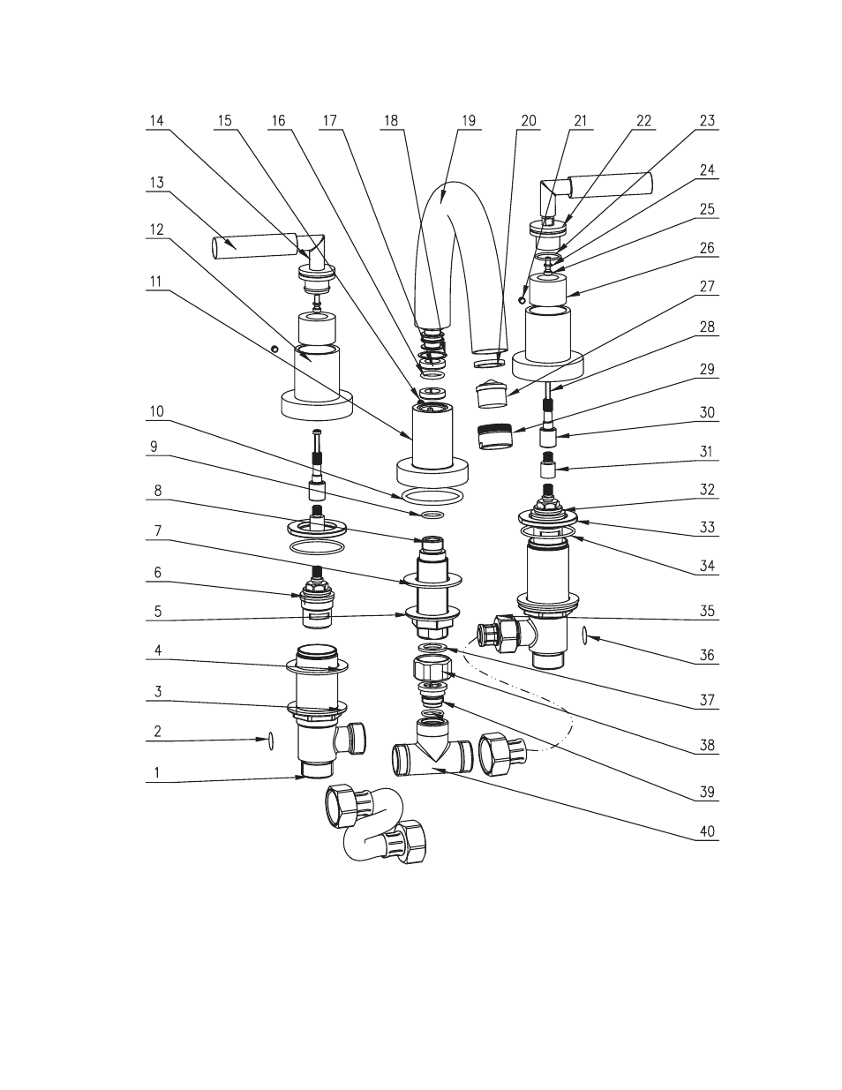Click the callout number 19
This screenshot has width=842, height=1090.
[469, 121]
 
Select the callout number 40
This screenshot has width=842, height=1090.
[707, 831]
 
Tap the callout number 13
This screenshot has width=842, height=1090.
[157, 183]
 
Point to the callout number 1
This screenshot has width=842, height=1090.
[157, 773]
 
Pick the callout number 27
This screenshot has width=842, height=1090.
[707, 287]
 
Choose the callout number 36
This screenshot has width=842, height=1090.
[707, 655]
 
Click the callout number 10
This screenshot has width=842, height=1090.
[157, 412]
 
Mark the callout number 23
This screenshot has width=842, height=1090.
[707, 121]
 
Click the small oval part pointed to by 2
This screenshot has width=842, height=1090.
[271, 740]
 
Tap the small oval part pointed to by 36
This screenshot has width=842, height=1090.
[584, 635]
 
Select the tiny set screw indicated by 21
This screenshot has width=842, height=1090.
[522, 300]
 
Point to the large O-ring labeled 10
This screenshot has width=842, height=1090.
[432, 497]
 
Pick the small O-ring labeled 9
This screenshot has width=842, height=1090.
[432, 515]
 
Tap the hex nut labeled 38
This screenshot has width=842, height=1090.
[432, 668]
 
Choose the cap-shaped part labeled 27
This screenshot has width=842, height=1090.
[492, 395]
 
